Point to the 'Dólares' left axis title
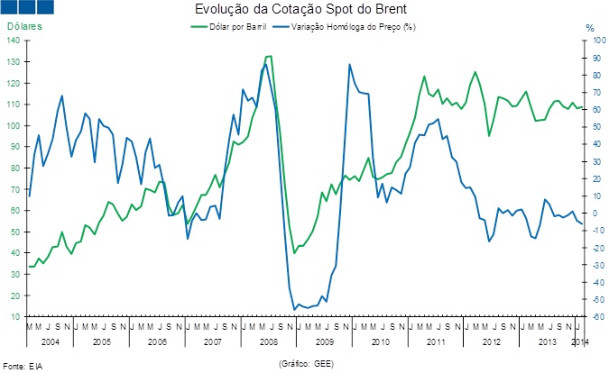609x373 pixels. tap(24, 27)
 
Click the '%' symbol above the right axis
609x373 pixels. tap(590, 29)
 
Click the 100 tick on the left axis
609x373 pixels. tap(15, 126)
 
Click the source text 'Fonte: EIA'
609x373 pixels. tap(23, 366)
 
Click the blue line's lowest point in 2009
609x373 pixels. tap(294, 310)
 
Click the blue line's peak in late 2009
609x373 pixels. tap(349, 65)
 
